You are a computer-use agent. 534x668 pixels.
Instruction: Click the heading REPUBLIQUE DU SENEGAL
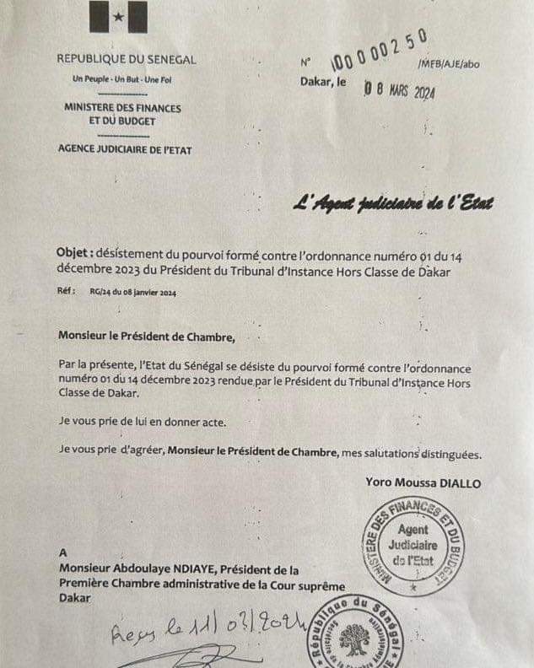click(x=127, y=60)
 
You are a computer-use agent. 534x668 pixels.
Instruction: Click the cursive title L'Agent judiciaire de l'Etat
click(x=392, y=203)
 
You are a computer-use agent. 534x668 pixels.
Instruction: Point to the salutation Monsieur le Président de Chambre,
click(x=143, y=336)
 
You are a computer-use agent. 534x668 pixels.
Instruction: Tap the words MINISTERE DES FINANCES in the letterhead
click(x=123, y=108)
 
